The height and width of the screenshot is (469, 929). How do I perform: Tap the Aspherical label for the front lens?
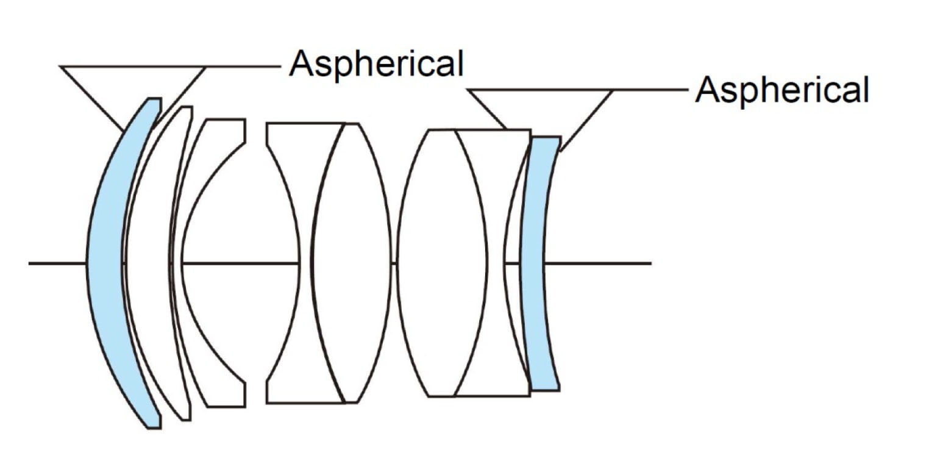click(376, 63)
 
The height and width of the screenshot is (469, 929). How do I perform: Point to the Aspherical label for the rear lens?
click(782, 90)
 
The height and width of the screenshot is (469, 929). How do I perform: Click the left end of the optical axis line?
click(30, 263)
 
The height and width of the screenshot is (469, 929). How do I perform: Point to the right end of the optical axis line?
click(650, 263)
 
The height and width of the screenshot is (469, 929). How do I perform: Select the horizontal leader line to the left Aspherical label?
click(244, 66)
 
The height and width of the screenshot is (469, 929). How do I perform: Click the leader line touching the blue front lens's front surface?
click(91, 98)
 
